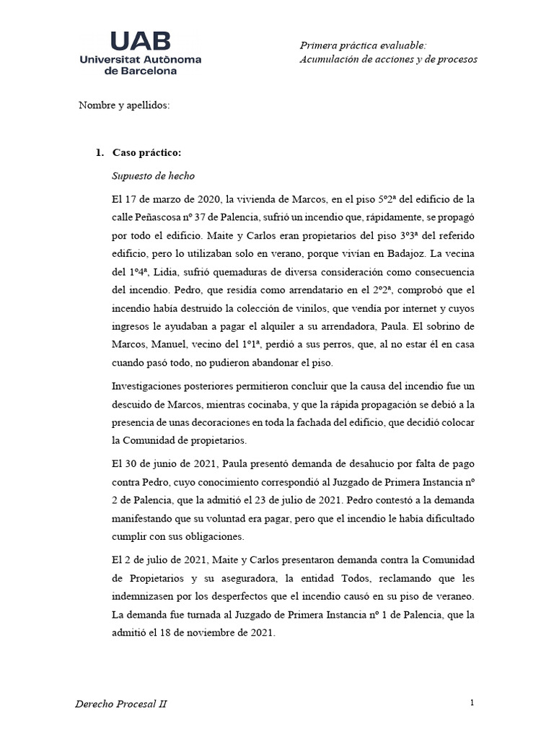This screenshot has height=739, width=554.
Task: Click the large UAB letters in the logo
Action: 141,40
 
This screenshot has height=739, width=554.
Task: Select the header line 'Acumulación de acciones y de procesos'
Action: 388,59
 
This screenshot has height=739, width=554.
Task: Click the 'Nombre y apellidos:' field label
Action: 124,105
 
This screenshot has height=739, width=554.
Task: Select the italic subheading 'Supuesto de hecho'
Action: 153,175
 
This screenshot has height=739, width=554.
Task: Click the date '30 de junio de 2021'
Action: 170,462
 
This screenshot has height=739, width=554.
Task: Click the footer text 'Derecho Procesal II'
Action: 121,704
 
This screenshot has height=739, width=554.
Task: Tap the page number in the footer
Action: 471,702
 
